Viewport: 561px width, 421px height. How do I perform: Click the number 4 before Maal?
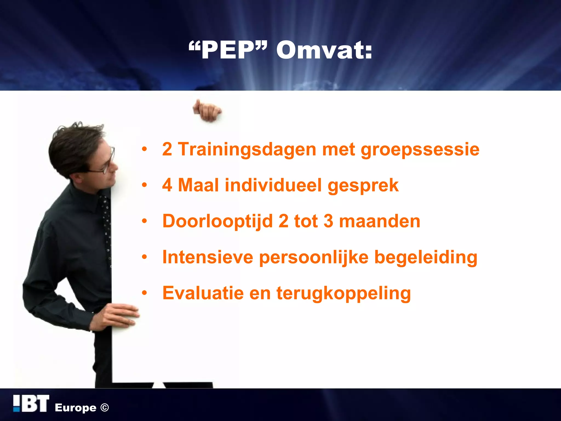[167, 185]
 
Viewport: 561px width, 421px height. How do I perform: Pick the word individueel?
[273, 185]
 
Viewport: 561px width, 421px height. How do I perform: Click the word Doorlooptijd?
[218, 221]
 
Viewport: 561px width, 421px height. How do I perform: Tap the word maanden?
[380, 221]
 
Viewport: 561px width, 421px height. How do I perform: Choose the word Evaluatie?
[203, 293]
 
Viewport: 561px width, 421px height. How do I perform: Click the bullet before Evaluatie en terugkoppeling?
[145, 293]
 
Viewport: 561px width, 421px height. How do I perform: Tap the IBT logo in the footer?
[31, 404]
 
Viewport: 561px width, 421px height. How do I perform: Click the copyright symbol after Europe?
[105, 408]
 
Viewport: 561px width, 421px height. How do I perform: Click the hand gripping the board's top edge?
[207, 111]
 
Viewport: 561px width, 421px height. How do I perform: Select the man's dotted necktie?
[107, 227]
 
